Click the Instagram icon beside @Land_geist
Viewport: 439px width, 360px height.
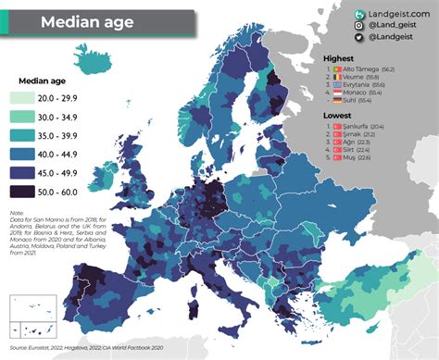tap(359, 28)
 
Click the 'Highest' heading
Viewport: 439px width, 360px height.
tap(339, 58)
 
